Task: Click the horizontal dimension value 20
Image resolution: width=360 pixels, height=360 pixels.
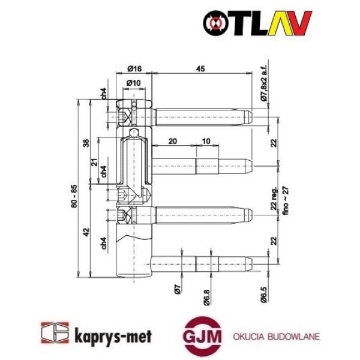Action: (x=172, y=141)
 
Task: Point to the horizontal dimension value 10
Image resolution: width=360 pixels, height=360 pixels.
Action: (x=206, y=141)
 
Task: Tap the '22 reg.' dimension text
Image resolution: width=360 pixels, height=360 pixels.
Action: (x=273, y=199)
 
